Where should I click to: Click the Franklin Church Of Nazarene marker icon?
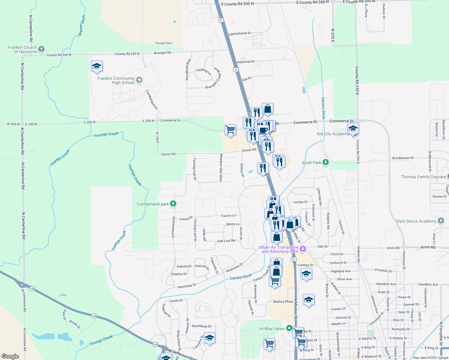(41, 49)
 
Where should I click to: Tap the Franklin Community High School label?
(116, 80)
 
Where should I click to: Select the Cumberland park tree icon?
(173, 204)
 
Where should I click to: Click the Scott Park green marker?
(325, 162)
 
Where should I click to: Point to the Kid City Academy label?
(333, 134)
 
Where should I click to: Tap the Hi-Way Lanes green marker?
(289, 328)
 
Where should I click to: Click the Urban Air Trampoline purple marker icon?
(303, 249)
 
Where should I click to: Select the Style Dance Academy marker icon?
(441, 221)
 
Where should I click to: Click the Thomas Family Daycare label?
(423, 177)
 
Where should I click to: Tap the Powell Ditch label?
(164, 43)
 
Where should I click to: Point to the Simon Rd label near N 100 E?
(168, 154)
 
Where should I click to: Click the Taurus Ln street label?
(228, 215)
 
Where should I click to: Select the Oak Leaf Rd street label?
(226, 241)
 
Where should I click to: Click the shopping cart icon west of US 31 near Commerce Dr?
(230, 130)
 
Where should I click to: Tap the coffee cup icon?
(263, 130)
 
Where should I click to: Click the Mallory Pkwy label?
(283, 301)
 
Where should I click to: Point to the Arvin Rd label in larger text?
(428, 247)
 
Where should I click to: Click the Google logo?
(10, 356)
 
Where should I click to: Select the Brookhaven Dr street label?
(403, 158)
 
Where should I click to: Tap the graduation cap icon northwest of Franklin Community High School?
(97, 66)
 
